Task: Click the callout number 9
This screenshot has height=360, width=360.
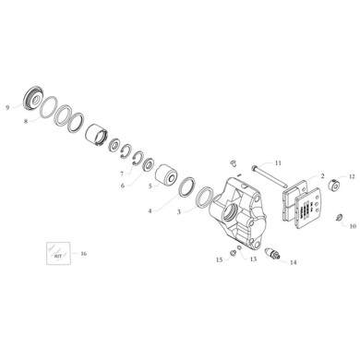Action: pos(7,106)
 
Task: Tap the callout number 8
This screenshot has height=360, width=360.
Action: pos(26,119)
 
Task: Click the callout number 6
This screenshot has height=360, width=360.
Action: pos(122,185)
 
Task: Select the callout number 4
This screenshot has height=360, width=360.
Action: pos(150,210)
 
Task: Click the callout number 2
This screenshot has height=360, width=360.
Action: pos(321,174)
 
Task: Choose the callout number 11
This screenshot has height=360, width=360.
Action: pos(278,162)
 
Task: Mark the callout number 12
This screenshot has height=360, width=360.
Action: pos(351,175)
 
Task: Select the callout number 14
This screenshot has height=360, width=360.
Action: pos(294,263)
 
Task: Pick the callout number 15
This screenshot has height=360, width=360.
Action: pos(219,260)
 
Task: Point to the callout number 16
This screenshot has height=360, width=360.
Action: pos(85,252)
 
